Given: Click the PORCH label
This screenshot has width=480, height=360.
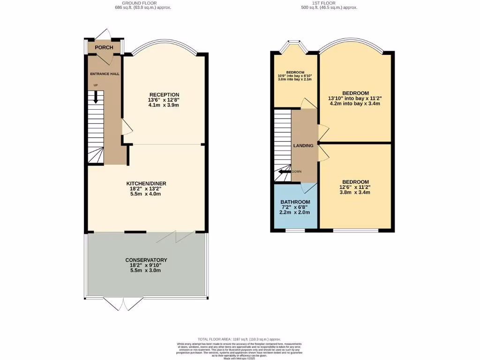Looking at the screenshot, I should [x=104, y=47].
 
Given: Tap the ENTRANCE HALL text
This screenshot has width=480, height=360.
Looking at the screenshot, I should [x=105, y=74].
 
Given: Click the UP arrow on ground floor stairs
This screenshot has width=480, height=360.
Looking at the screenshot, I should [x=96, y=97].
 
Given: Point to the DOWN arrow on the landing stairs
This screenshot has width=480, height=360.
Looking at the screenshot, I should [x=283, y=172].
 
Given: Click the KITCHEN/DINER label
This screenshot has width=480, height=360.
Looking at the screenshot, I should [x=146, y=183].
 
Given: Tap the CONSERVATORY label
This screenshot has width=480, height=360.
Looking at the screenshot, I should [x=146, y=260].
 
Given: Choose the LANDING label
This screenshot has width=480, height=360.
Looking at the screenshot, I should [x=303, y=146].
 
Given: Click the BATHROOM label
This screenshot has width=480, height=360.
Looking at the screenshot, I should [x=295, y=202].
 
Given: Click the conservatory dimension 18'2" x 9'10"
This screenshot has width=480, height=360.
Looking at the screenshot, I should [x=146, y=265].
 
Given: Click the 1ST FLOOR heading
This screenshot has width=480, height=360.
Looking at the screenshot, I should [x=331, y=3].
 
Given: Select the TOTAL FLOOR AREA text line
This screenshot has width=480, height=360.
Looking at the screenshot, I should [x=240, y=339].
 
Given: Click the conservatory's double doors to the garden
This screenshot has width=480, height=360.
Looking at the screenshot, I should [x=121, y=304].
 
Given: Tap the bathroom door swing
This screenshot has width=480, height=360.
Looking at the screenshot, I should [x=308, y=187].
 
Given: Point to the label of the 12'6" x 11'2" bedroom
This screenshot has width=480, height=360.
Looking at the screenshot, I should [x=355, y=182].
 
